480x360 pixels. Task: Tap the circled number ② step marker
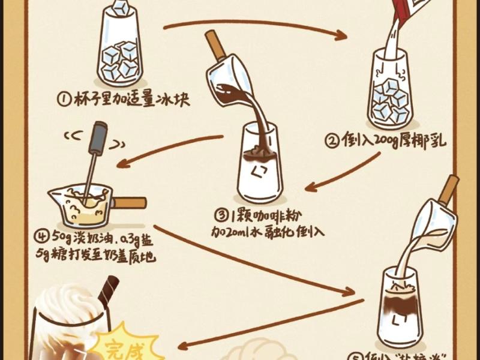pyautogui.click(x=332, y=142)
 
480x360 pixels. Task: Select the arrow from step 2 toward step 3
pyautogui.click(x=342, y=174)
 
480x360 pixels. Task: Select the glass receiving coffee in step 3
pyautogui.click(x=259, y=165)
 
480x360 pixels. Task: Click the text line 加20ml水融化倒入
pyautogui.click(x=267, y=231)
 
